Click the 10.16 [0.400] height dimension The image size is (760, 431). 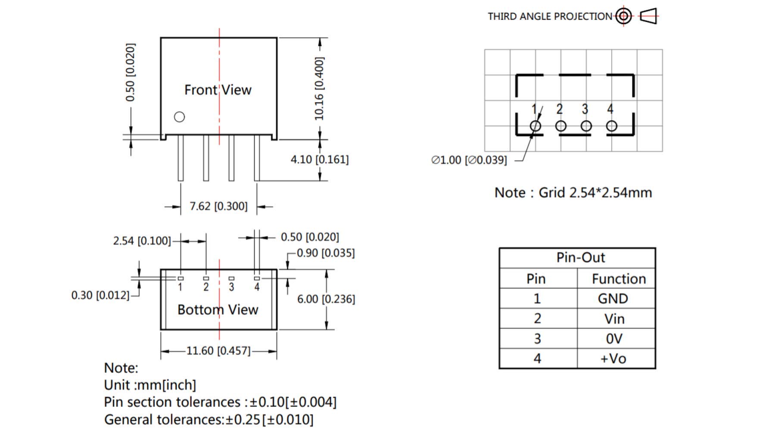[319, 88]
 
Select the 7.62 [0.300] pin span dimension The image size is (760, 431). [218, 206]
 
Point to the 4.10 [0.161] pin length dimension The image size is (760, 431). [319, 159]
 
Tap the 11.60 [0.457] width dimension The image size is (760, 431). [218, 351]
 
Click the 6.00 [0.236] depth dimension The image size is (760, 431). [326, 299]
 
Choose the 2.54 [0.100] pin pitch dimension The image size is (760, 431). [142, 240]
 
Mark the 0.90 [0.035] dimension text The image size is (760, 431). [326, 253]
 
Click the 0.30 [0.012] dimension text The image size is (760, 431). [100, 295]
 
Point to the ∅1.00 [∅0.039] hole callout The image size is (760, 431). [469, 160]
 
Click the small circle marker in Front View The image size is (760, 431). [179, 117]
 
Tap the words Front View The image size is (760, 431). [218, 90]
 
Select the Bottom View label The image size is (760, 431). [218, 309]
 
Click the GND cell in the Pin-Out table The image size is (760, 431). [613, 299]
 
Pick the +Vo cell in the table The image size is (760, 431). [613, 359]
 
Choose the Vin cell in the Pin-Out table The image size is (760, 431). [614, 319]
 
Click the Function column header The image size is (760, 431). [618, 279]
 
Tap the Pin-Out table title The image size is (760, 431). [580, 258]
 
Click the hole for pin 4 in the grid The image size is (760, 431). [611, 126]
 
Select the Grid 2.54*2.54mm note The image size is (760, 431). [573, 193]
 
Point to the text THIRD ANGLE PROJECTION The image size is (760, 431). [549, 17]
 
